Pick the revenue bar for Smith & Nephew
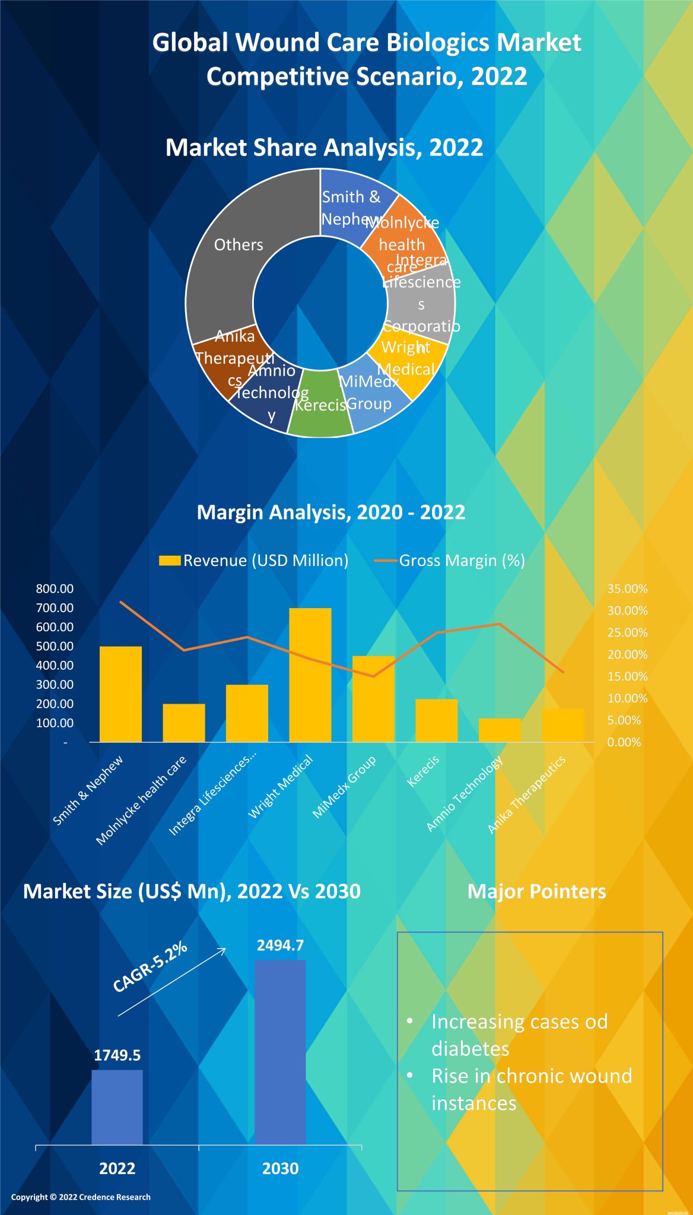tap(120, 694)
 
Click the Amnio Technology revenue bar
tap(500, 730)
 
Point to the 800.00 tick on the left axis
tap(55, 589)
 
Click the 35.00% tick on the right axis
tap(627, 589)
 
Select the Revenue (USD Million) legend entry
tap(254, 561)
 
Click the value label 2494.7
tap(280, 945)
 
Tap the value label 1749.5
tap(117, 1055)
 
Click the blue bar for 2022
tap(117, 1107)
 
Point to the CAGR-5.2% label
tap(150, 966)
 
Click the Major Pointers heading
tap(536, 891)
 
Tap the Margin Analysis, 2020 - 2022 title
tap(330, 512)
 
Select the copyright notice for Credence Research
tap(81, 1197)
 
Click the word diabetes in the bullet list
tap(470, 1049)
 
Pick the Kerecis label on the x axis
tap(423, 771)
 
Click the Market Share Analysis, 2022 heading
tap(324, 147)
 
